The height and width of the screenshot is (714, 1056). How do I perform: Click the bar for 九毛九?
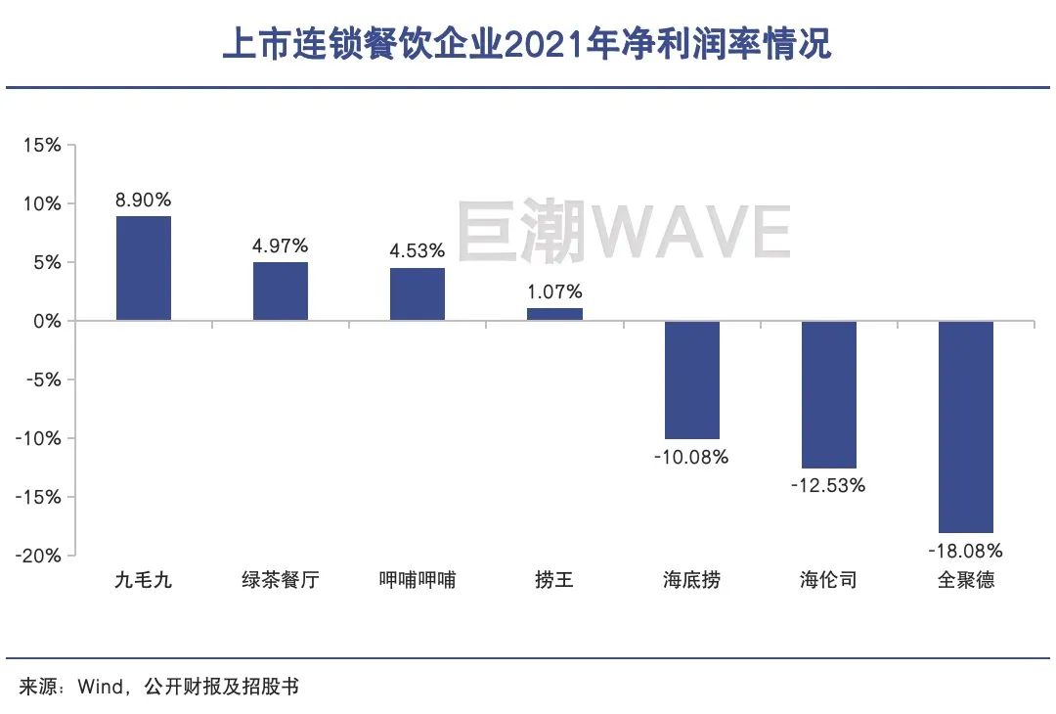pos(144,268)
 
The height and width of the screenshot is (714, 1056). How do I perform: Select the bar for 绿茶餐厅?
pos(281,291)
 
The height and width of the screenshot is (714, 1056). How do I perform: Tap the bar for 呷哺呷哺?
pos(418,294)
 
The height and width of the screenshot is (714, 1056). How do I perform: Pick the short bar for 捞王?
pos(554,314)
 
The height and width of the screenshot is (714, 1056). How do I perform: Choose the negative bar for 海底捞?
pos(691,379)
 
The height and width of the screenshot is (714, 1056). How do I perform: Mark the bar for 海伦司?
pos(828,394)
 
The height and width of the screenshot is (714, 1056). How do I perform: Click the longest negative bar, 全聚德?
pos(965,426)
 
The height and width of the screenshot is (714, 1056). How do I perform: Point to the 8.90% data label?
pos(143,201)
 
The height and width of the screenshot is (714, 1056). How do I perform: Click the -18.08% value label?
pos(965,551)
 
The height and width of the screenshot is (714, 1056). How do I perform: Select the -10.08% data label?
pos(691,457)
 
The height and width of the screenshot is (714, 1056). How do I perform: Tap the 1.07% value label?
pos(554,291)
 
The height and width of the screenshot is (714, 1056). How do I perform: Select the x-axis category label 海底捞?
pos(691,581)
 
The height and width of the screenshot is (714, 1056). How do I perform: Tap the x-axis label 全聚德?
pos(965,581)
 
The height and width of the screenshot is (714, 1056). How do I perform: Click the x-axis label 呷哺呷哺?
pos(418,581)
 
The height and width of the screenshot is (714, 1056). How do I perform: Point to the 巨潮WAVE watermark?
pos(624,233)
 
